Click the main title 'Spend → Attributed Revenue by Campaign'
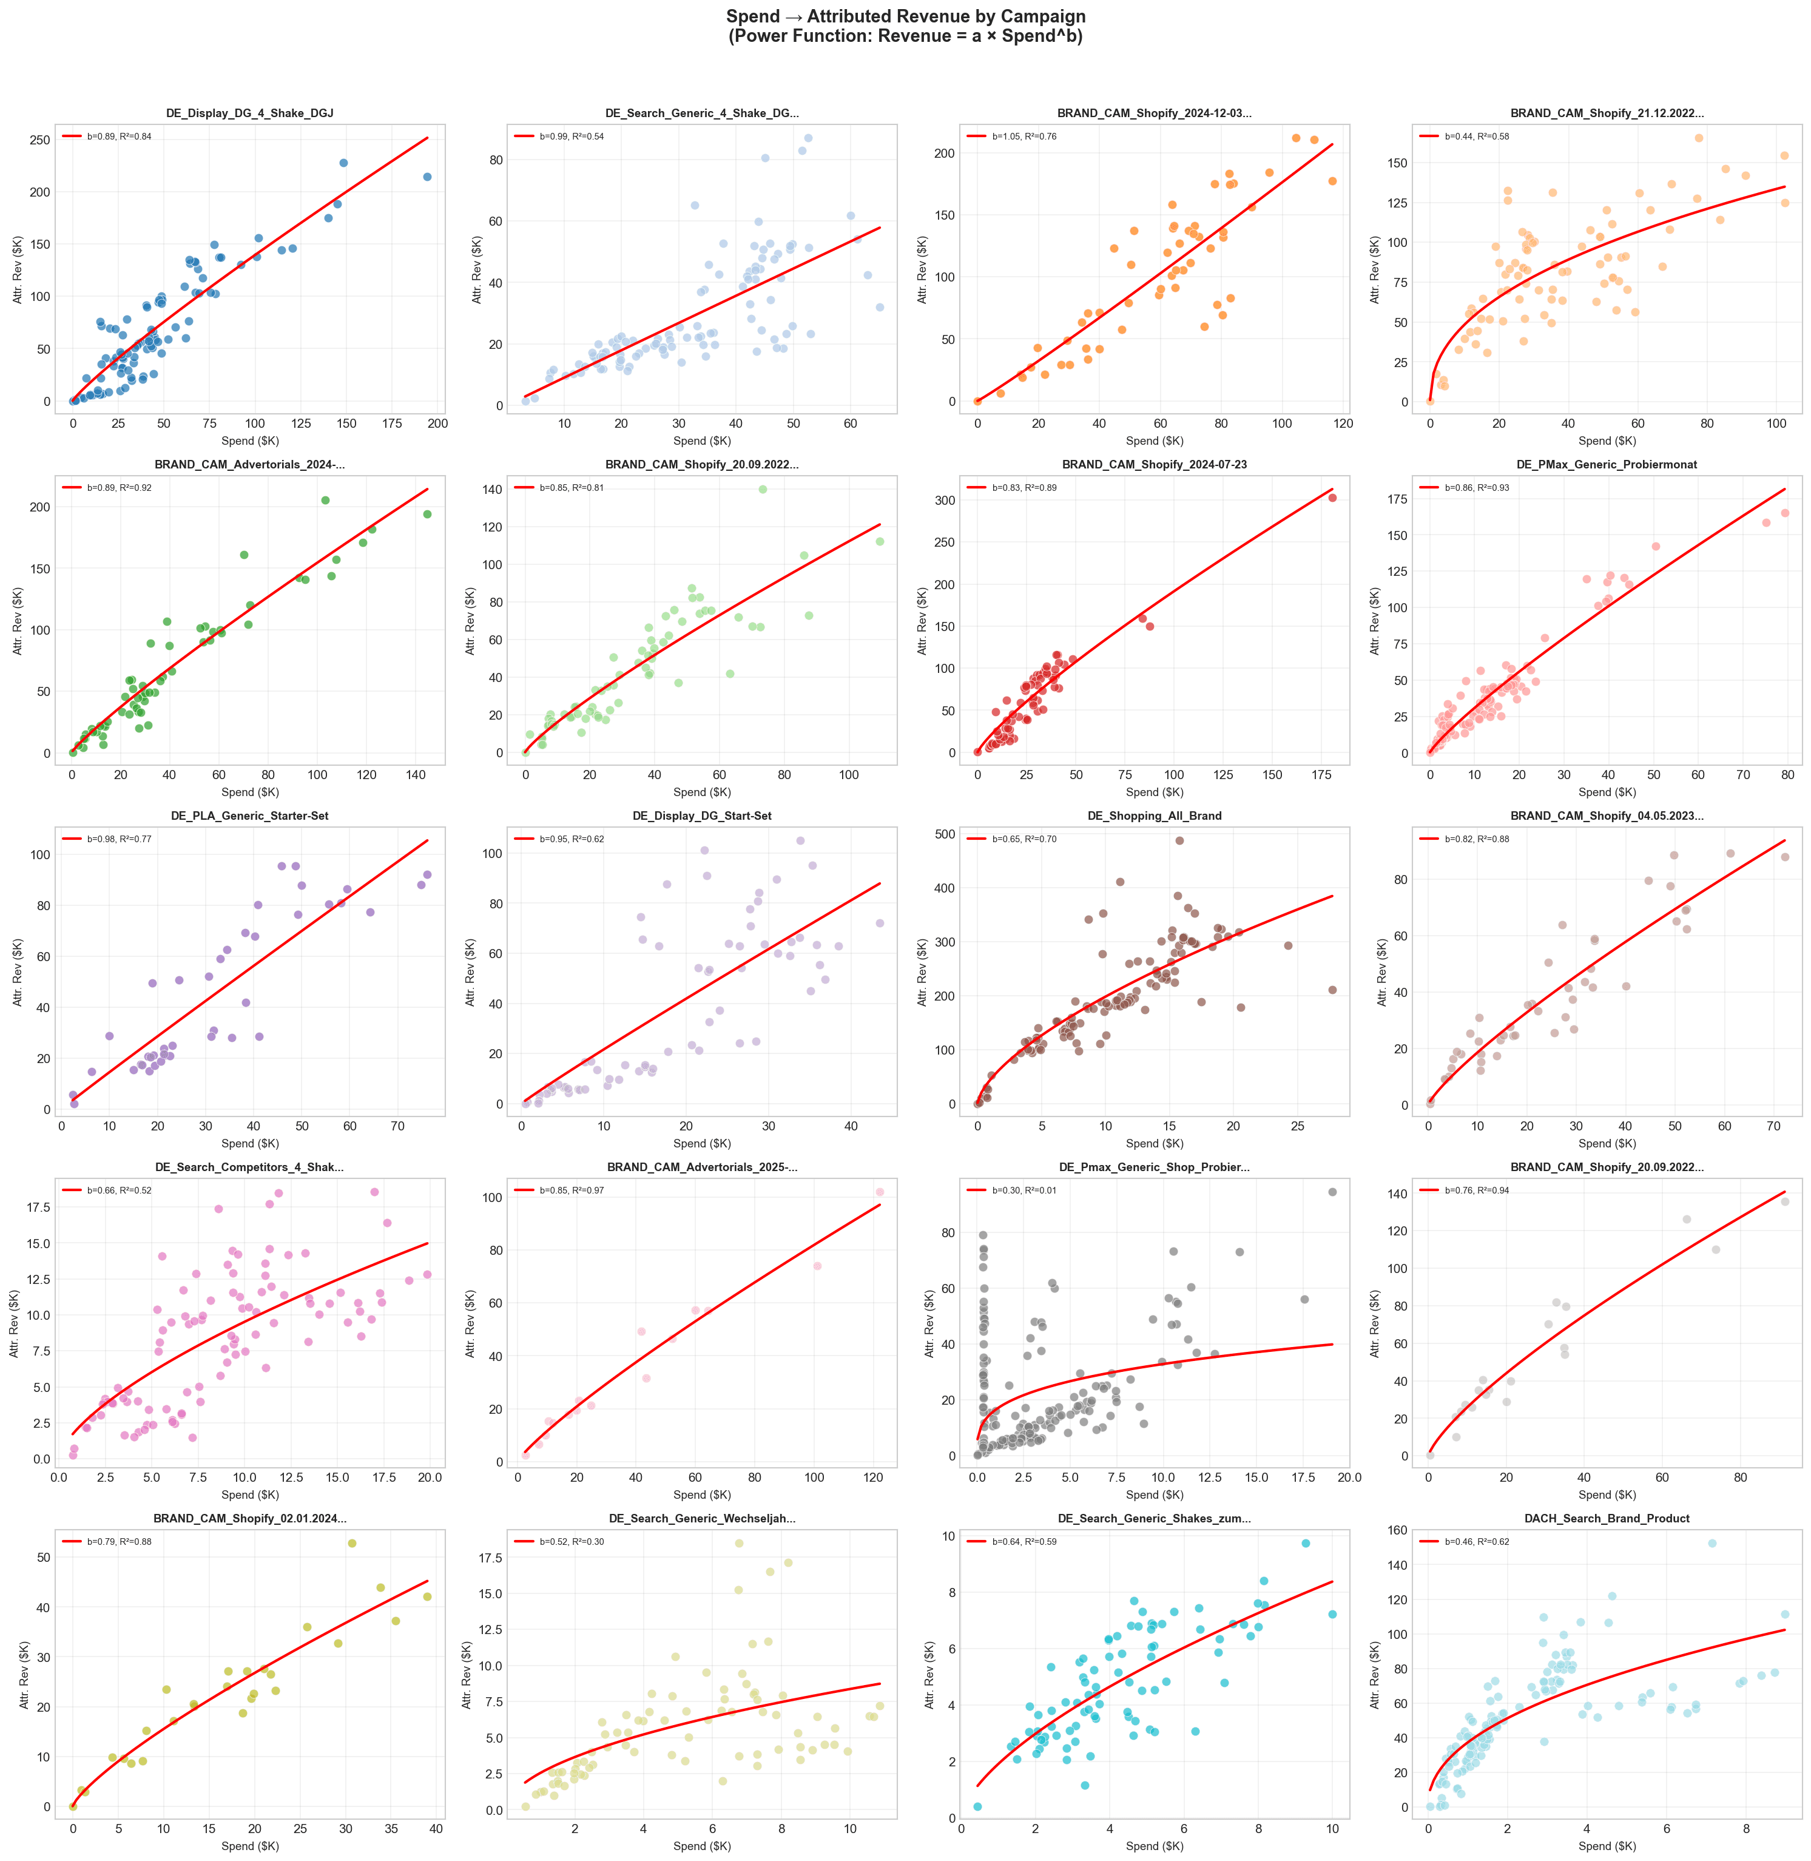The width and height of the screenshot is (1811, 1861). tap(905, 16)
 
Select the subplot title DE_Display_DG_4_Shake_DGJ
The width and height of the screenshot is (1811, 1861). tap(249, 113)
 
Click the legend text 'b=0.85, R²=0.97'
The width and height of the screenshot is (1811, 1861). tap(575, 1191)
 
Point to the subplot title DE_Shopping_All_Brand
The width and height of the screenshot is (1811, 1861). tap(1154, 816)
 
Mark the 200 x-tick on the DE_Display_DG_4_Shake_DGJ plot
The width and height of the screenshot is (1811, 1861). tap(437, 424)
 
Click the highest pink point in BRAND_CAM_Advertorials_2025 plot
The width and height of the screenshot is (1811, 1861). tap(880, 1191)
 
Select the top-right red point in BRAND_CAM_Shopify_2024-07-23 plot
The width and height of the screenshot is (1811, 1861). tap(1332, 498)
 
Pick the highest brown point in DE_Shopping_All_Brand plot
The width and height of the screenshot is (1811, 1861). tap(1178, 840)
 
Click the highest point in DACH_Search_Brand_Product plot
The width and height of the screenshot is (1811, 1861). tap(1712, 1543)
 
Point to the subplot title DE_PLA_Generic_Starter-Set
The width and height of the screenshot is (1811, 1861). tap(249, 816)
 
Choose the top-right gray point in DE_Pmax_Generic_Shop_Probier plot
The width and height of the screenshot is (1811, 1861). tap(1332, 1191)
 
